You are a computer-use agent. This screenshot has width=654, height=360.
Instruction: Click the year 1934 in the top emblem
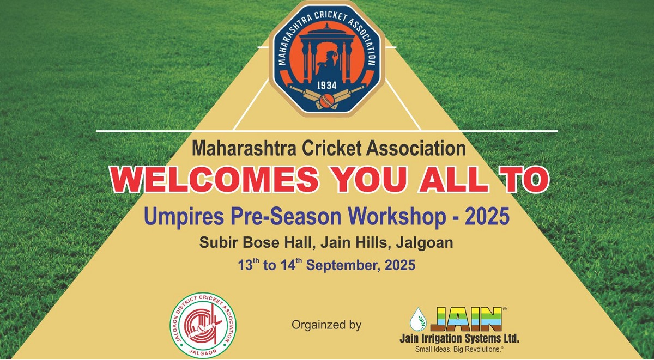coord(326,86)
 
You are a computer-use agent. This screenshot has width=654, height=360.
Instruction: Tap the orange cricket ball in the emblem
coord(326,100)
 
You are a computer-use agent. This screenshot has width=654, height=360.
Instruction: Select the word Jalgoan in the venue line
coord(425,243)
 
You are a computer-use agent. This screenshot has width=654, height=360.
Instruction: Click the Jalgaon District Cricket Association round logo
coord(203,325)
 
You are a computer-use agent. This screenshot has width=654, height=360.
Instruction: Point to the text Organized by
coord(326,325)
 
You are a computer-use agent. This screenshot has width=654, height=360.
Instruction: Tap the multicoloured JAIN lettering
coord(465,320)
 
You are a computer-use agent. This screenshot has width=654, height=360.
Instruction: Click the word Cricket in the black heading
coord(332,149)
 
